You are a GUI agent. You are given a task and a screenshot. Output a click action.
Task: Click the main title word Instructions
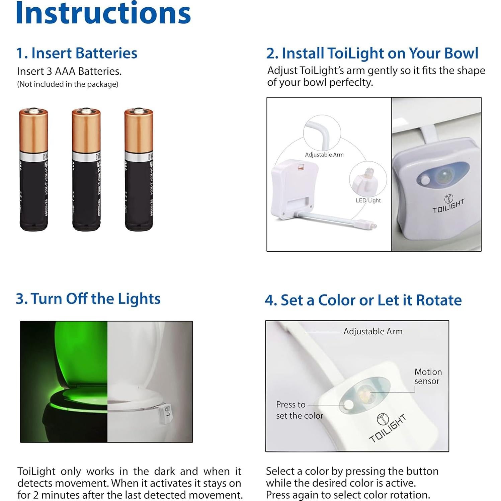[x=103, y=13]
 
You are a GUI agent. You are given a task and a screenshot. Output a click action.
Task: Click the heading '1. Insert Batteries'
[x=77, y=53]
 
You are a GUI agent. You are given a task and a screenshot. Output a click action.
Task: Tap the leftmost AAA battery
[x=33, y=169]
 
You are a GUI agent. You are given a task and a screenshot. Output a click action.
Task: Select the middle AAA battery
[x=86, y=169]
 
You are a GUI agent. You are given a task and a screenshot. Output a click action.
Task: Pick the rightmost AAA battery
[x=139, y=169]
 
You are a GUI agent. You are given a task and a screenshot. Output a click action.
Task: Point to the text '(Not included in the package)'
[x=68, y=84]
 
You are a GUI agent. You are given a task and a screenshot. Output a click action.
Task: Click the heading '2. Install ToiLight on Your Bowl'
[x=372, y=53]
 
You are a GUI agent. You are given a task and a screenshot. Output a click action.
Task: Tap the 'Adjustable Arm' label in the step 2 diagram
[x=324, y=155]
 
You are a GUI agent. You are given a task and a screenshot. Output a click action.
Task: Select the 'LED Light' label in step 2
[x=368, y=200]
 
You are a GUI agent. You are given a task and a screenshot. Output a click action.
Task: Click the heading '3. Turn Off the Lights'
[x=88, y=299]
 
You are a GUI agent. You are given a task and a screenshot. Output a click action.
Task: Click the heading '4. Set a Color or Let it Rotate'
[x=363, y=300]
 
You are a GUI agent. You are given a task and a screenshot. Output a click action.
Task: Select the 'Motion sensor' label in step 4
[x=428, y=377]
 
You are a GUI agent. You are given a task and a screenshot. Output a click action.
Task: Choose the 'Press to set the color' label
[x=299, y=410]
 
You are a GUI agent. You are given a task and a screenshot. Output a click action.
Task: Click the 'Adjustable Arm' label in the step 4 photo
[x=373, y=331]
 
